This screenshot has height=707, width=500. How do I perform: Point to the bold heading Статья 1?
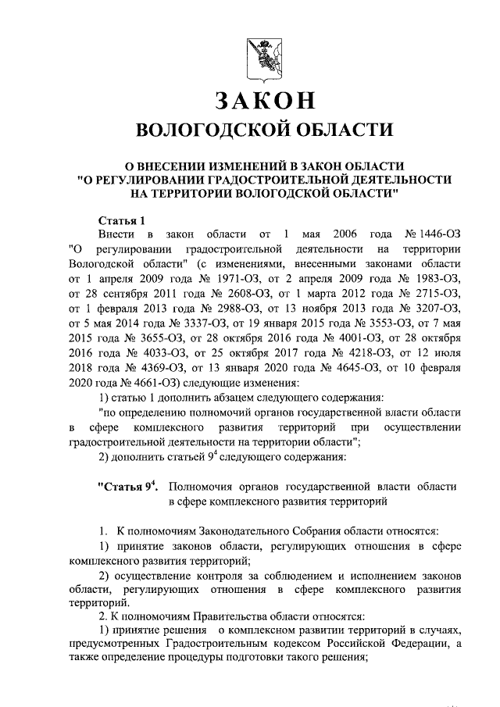pyautogui.click(x=122, y=219)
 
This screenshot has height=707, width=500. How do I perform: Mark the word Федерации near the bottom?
pyautogui.click(x=420, y=643)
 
